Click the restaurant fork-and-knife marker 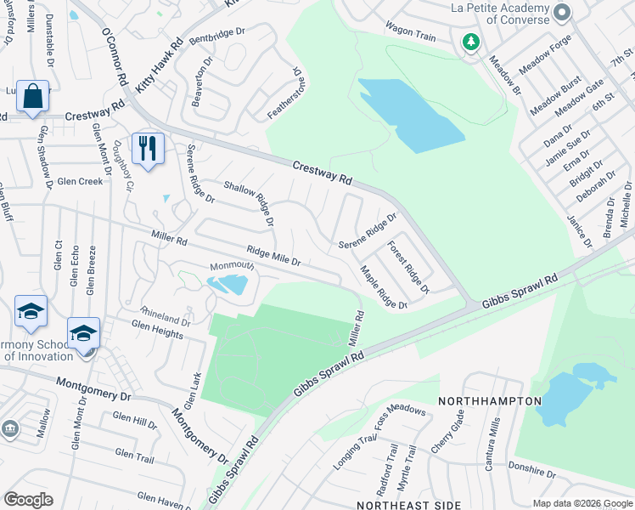pyautogui.click(x=149, y=149)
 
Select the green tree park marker pyautogui.click(x=470, y=41)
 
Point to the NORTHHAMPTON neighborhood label pyautogui.click(x=490, y=400)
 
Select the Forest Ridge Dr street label pyautogui.click(x=408, y=267)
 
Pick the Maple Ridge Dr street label pyautogui.click(x=384, y=287)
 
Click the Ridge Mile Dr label pyautogui.click(x=273, y=256)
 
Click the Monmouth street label pyautogui.click(x=232, y=266)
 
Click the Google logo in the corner pyautogui.click(x=28, y=499)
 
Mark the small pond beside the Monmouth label pyautogui.click(x=229, y=285)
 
